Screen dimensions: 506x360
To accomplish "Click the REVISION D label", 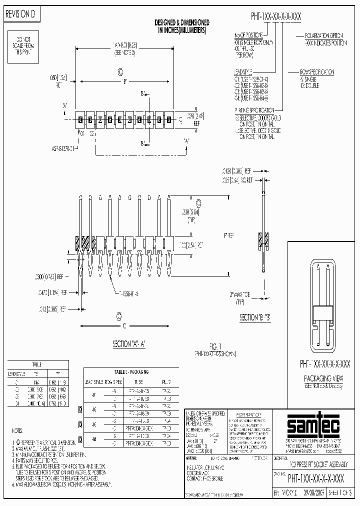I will click(x=20, y=14).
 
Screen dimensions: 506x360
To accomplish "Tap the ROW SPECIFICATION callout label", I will click(x=316, y=72).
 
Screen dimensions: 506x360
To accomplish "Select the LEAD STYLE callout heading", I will click(x=245, y=72).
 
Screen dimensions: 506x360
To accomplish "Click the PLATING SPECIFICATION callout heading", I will click(x=254, y=109).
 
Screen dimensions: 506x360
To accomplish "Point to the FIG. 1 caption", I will click(x=215, y=345).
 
